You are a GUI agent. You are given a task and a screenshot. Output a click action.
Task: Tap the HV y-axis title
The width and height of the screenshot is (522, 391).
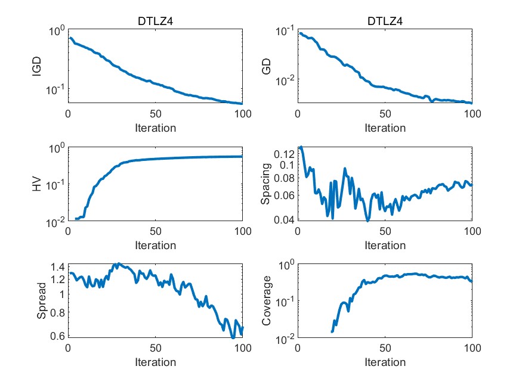(x=37, y=184)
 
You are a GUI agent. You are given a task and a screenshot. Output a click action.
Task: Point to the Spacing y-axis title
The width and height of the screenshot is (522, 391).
(x=267, y=184)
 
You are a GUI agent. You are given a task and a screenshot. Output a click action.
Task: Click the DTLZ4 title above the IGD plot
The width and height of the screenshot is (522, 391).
(x=155, y=22)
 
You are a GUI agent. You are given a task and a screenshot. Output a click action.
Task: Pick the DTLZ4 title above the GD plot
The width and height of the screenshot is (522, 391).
(x=385, y=22)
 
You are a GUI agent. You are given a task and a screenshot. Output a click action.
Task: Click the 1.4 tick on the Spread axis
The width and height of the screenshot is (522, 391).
(x=57, y=266)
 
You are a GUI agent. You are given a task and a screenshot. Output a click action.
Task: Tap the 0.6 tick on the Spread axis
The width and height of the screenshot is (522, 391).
(x=57, y=336)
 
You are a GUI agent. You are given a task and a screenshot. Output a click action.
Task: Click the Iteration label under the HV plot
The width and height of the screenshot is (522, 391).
(x=155, y=245)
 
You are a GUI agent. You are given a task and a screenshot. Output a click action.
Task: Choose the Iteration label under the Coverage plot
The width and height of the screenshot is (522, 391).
(x=385, y=362)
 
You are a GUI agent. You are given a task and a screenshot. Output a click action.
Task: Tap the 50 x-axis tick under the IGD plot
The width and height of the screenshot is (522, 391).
(x=155, y=114)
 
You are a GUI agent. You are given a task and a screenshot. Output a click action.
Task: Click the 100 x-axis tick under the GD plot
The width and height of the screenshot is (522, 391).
(x=471, y=114)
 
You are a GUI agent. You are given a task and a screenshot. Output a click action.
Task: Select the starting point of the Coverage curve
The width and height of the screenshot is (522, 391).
(x=332, y=331)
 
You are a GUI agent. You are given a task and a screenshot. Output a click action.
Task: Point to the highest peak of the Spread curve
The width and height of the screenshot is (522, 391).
(x=118, y=263)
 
